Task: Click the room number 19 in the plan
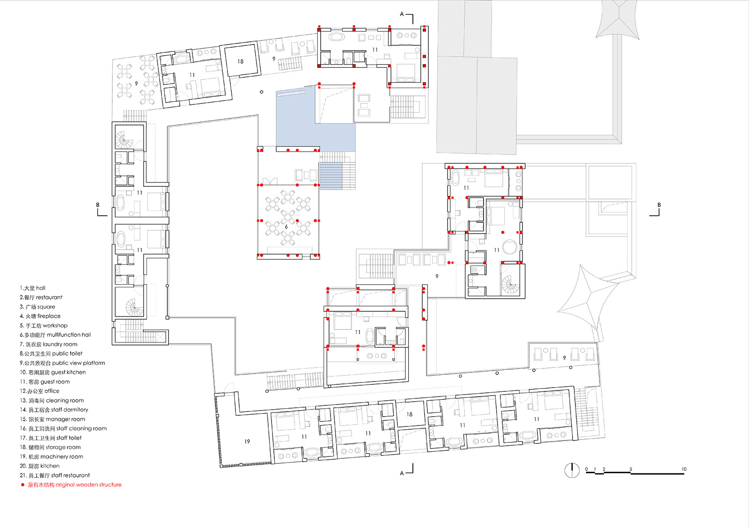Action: [247, 441]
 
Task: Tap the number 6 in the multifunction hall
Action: [286, 227]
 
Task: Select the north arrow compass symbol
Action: [572, 470]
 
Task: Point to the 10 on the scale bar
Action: [684, 469]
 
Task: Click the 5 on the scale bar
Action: [631, 469]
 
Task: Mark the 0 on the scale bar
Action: [587, 469]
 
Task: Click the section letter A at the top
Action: [402, 14]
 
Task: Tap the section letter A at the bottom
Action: [402, 473]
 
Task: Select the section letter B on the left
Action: [98, 205]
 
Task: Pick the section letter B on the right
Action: [659, 205]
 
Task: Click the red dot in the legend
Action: [23, 485]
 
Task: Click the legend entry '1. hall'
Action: [32, 288]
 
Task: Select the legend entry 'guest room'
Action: [45, 382]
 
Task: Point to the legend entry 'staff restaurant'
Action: [54, 475]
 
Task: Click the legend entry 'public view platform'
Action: [62, 363]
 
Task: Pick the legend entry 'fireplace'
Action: [40, 316]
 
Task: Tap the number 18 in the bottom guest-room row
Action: [410, 414]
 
